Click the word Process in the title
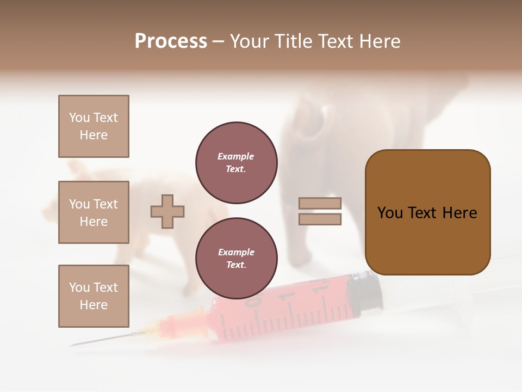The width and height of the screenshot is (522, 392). point(171,41)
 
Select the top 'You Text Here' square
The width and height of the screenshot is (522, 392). point(94,126)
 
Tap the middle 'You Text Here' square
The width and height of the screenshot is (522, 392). point(94,212)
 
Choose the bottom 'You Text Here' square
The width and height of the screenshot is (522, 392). point(94,296)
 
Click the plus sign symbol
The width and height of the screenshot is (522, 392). point(167,211)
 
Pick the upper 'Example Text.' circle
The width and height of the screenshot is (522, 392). point(237,163)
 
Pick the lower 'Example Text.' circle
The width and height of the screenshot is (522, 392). point(237,259)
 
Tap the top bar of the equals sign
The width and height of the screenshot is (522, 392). point(320,204)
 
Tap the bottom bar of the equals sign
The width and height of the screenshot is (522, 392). point(320,219)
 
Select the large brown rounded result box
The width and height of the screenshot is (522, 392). point(427,212)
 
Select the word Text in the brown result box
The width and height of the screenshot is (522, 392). point(426,213)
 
